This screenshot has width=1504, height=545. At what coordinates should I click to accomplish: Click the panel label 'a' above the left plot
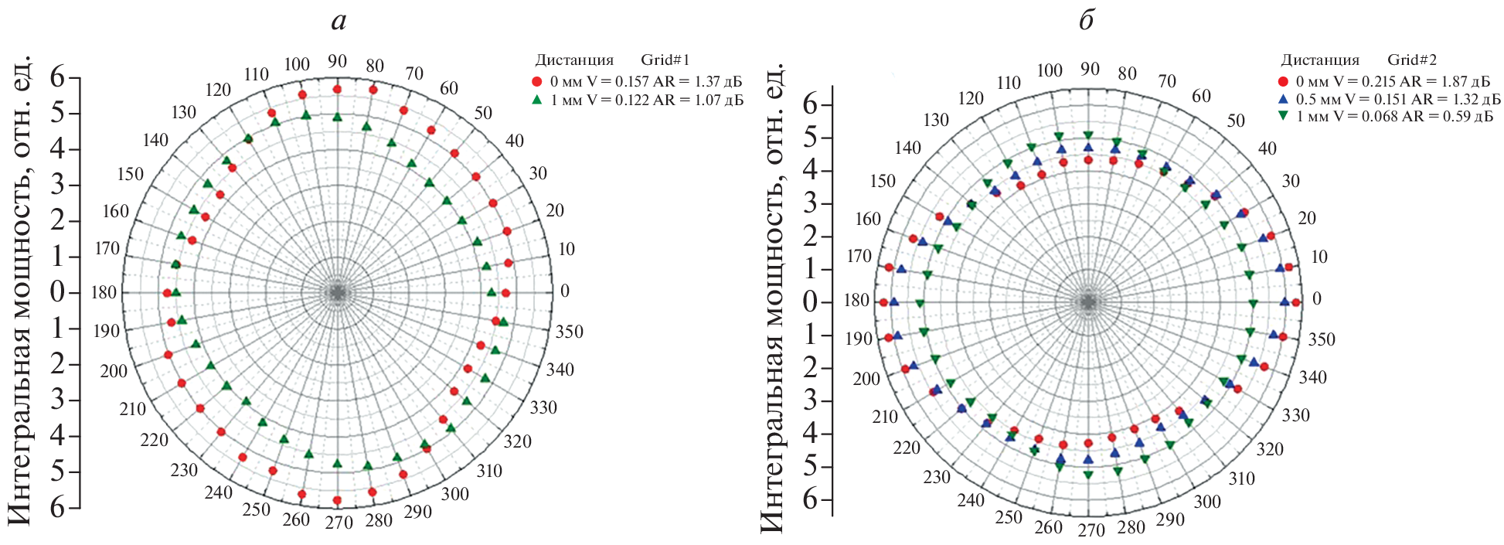[339, 21]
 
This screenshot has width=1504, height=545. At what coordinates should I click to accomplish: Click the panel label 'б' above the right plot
[1087, 21]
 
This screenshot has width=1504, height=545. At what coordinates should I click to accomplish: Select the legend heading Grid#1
[665, 60]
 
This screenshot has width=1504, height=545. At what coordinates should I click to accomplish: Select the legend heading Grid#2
[1411, 60]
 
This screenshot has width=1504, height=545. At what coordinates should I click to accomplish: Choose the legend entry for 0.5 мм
[1387, 99]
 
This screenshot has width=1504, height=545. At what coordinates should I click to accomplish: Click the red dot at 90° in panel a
[337, 90]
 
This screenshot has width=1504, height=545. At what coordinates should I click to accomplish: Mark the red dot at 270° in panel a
[337, 500]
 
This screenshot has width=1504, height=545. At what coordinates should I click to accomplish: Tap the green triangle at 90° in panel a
[337, 117]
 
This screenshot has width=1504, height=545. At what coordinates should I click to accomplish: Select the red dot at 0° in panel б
[1296, 302]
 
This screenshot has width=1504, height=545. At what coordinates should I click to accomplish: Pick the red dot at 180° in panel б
[884, 302]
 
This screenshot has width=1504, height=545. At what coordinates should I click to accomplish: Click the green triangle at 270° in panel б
[1088, 475]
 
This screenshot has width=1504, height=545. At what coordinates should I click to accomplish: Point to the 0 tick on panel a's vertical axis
[57, 293]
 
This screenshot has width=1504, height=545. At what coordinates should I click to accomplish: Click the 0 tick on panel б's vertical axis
[810, 301]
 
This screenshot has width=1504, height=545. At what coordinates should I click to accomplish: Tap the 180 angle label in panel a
[104, 293]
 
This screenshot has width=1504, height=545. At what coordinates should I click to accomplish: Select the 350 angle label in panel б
[1321, 339]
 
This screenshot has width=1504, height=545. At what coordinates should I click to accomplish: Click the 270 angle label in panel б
[1091, 531]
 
